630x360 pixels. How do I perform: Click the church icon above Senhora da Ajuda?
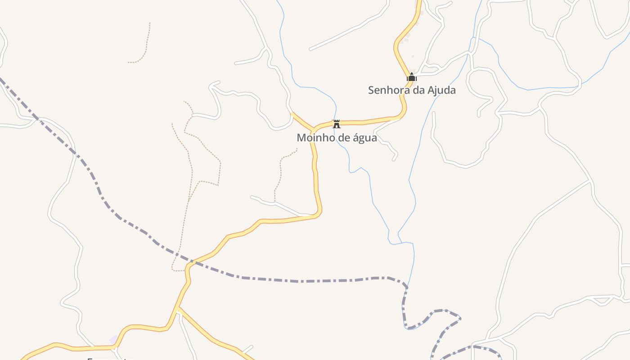411,77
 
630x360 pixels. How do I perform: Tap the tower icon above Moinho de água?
336,124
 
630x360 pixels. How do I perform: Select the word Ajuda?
441,90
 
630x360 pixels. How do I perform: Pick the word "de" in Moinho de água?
343,138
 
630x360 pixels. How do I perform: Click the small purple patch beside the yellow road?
114,340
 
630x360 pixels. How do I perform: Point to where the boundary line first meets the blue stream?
408,286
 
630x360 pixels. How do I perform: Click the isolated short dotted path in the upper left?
143,49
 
